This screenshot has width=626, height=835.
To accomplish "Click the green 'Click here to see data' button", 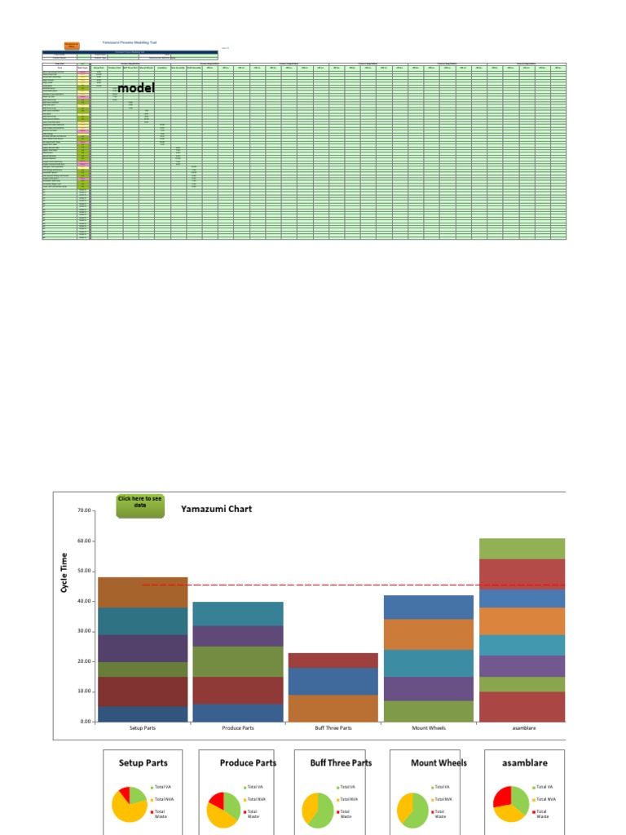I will (139, 505).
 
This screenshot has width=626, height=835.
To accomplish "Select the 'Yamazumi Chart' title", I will (216, 509).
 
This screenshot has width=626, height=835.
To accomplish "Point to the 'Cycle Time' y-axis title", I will (64, 572).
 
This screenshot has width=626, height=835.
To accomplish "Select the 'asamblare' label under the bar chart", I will (522, 728).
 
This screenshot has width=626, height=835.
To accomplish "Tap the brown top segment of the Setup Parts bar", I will (143, 593).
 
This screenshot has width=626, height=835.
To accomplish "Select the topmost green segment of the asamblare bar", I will (522, 549).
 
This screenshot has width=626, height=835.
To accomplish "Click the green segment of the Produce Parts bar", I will (237, 661).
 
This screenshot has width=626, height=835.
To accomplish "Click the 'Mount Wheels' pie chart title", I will (440, 763).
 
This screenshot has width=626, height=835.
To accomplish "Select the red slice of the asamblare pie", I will (503, 796).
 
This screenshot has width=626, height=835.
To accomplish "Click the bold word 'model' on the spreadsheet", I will (135, 87).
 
